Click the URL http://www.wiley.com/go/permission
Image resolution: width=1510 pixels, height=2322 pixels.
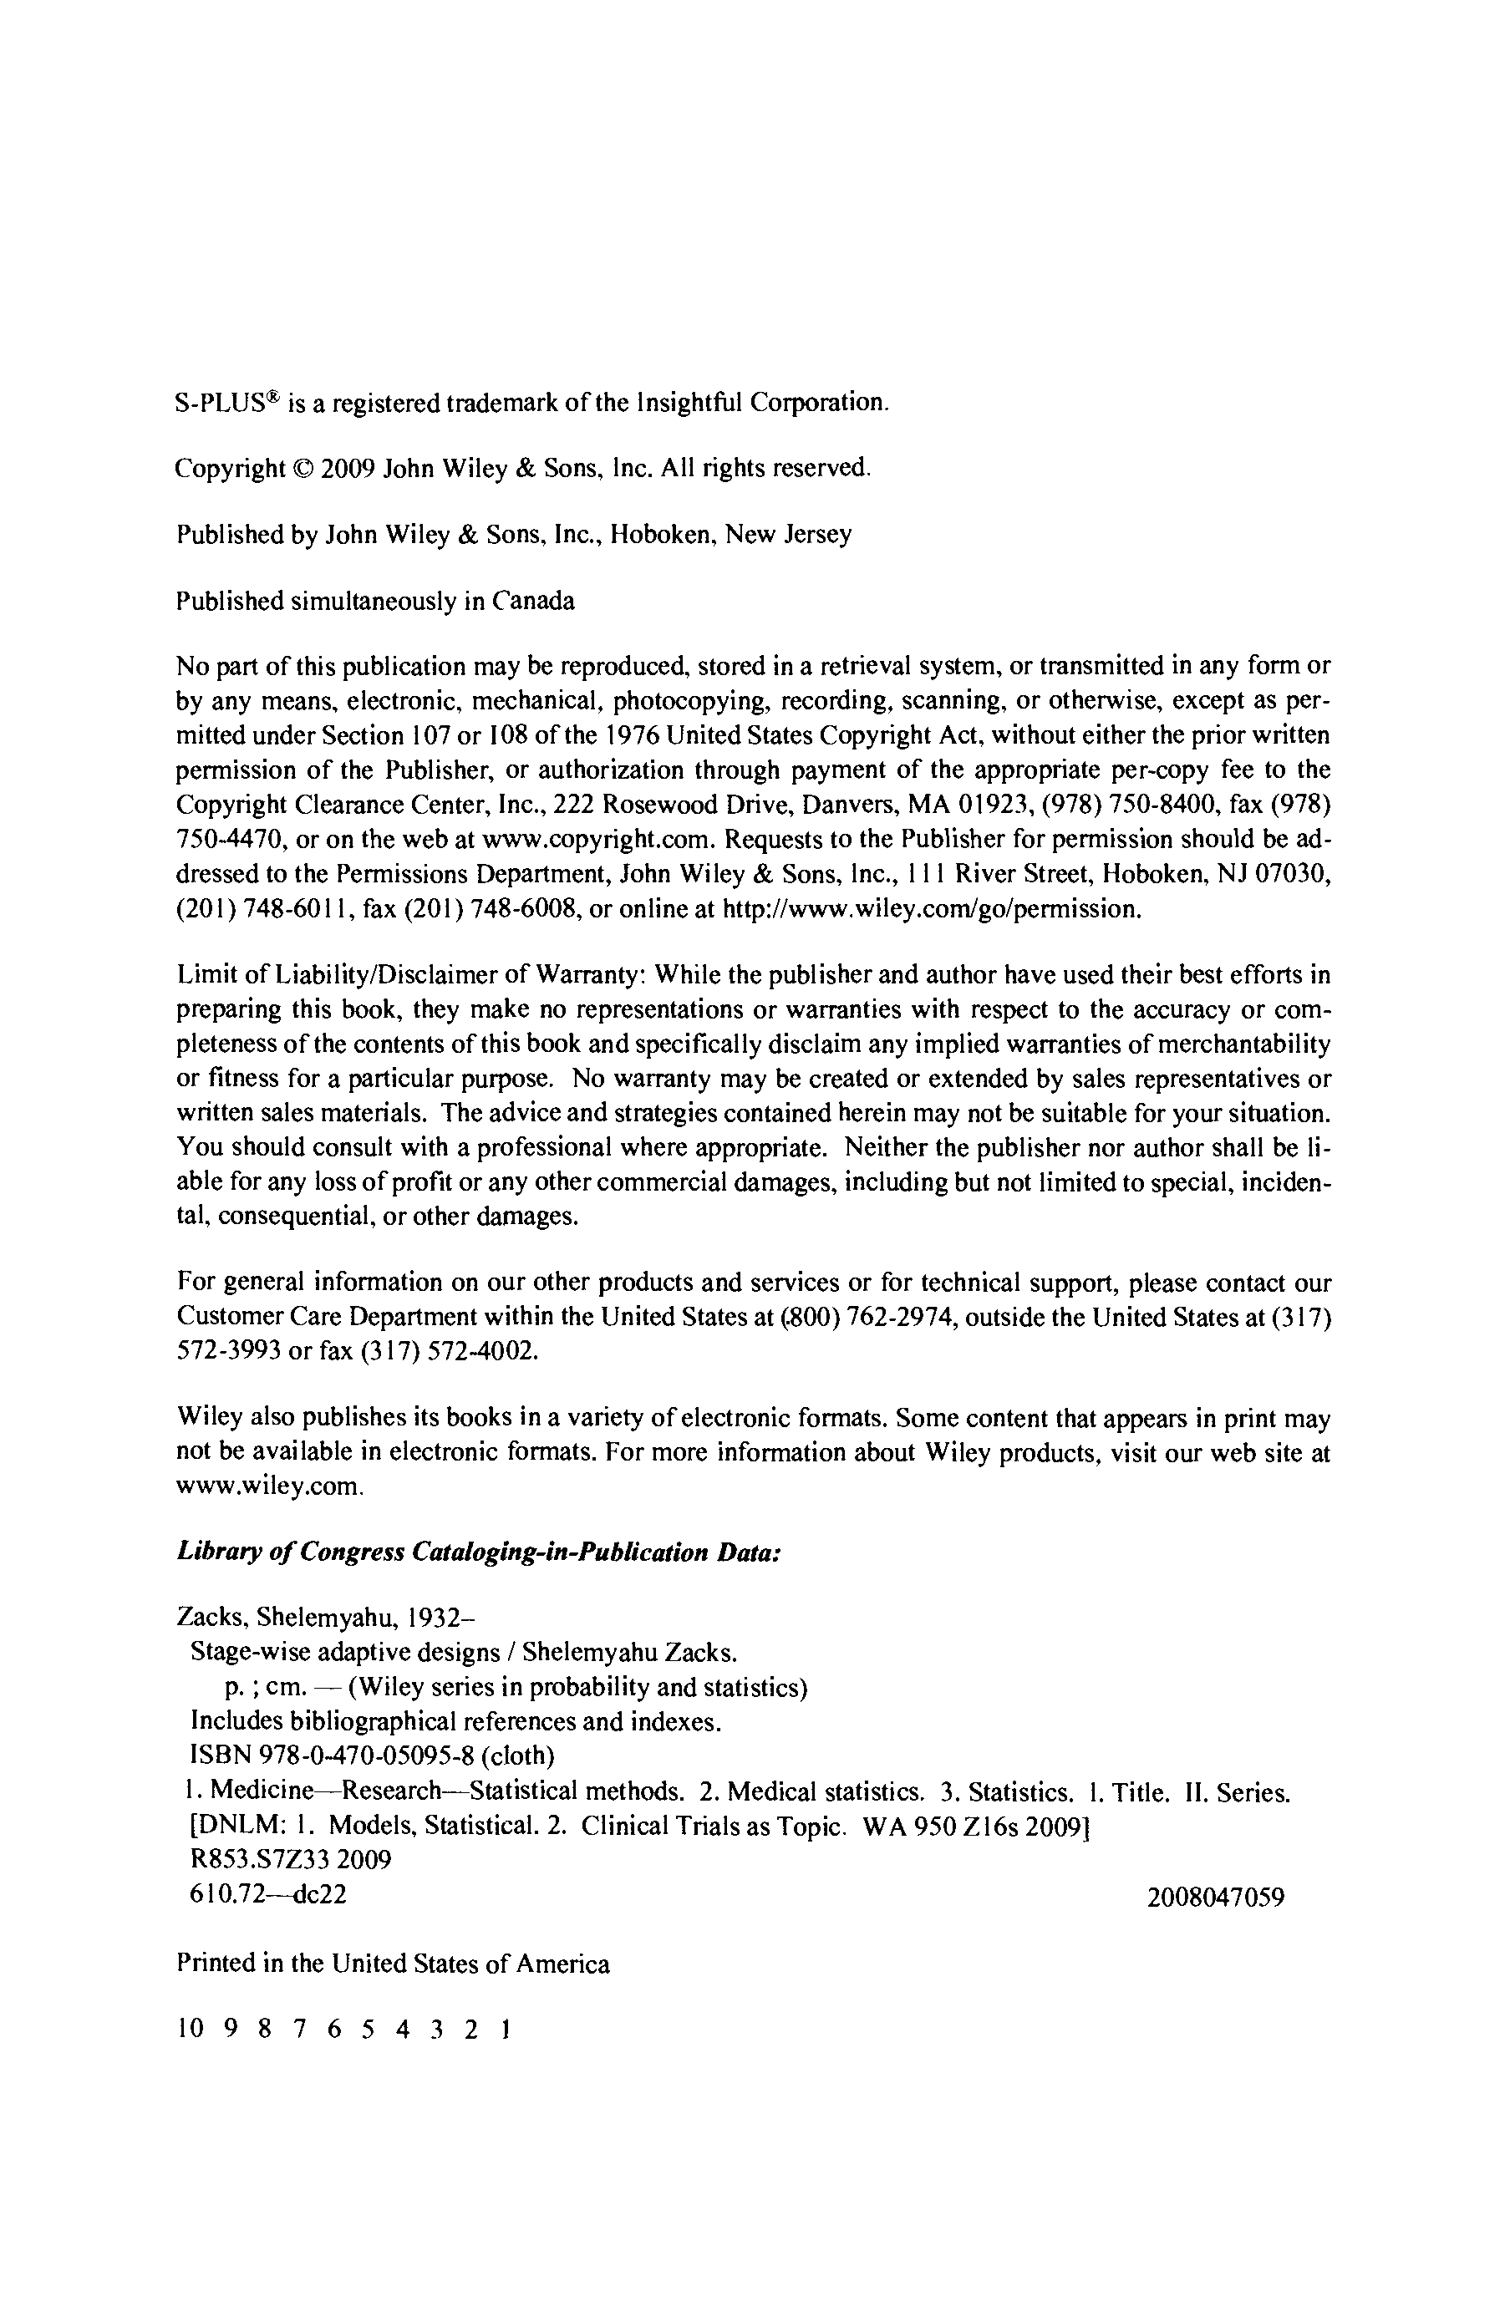click(x=929, y=909)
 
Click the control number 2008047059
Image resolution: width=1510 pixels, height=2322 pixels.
click(x=1215, y=1898)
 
